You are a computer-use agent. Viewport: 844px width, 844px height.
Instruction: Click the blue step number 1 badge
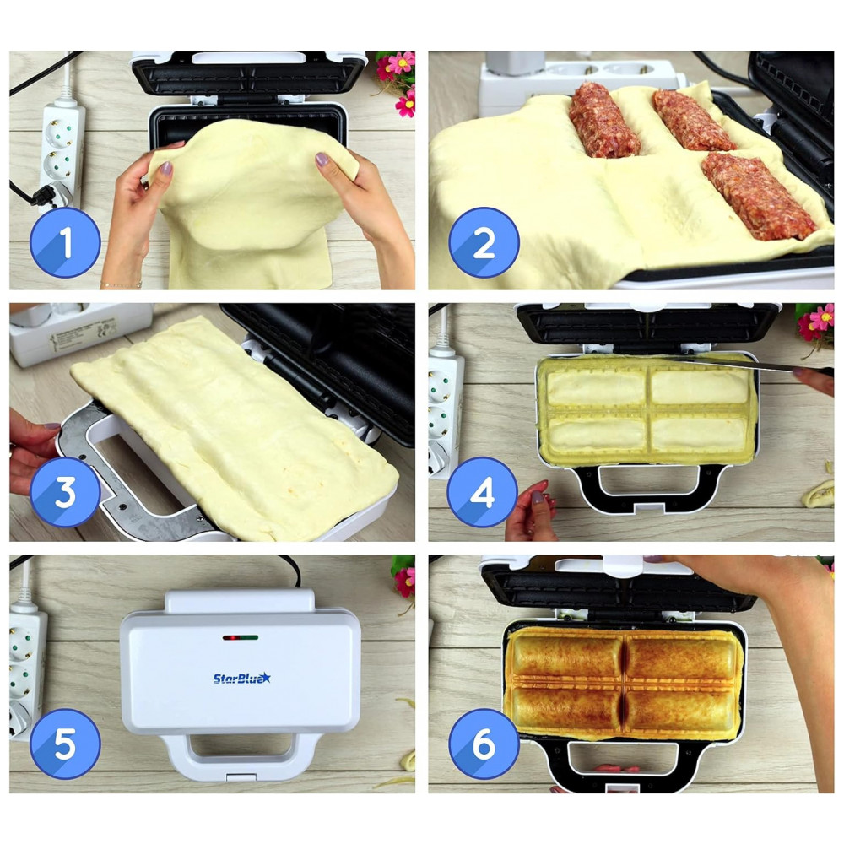[65, 242]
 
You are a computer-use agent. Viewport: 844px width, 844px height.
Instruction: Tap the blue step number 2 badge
[484, 242]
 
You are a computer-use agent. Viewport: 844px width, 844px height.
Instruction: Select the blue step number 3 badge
[65, 492]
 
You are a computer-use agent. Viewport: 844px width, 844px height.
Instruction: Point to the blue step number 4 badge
[482, 492]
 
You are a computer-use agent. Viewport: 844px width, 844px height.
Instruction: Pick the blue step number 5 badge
[65, 744]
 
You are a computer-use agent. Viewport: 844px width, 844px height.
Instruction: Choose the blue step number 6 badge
[484, 744]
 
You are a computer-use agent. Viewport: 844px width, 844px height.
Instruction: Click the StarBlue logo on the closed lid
[241, 679]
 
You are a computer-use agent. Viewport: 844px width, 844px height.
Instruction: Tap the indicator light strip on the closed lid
[241, 638]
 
